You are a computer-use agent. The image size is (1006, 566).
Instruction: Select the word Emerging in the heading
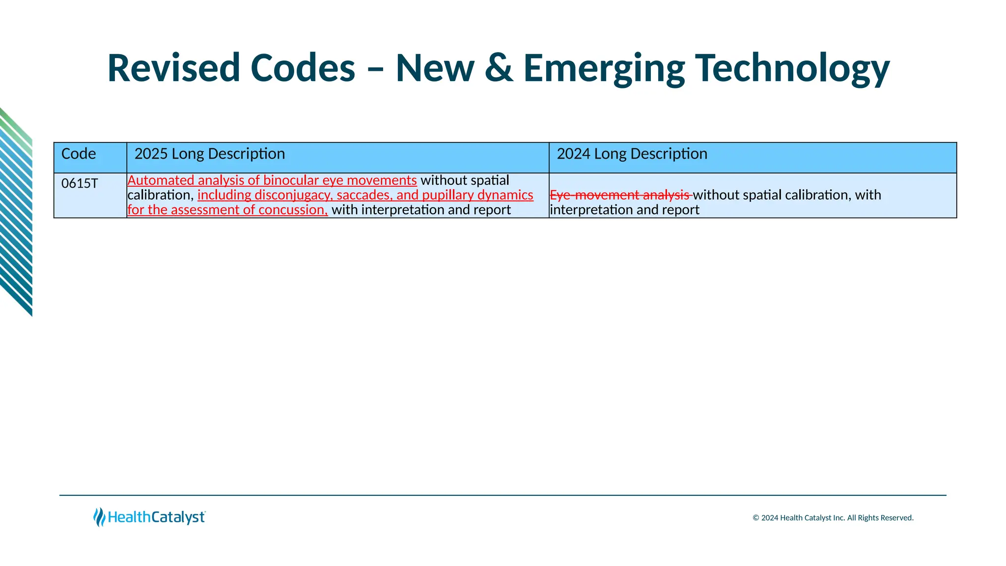click(604, 69)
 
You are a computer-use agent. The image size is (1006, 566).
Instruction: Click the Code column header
click(79, 154)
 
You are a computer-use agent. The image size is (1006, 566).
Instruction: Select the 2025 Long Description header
click(210, 154)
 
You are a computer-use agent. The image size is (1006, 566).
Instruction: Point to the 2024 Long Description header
click(632, 154)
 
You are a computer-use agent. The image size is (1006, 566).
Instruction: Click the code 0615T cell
click(80, 184)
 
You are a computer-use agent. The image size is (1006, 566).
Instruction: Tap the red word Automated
click(161, 180)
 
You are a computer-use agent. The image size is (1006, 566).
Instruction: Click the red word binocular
click(291, 180)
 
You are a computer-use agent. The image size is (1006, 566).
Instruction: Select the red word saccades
click(364, 195)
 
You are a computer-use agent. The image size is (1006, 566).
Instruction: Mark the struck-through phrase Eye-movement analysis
click(620, 195)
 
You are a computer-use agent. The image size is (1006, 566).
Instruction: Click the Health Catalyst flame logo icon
click(99, 517)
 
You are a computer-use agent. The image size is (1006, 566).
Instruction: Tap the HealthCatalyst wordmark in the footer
click(156, 517)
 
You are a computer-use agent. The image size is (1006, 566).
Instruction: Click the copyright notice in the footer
click(833, 518)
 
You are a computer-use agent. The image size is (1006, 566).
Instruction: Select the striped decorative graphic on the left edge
click(16, 211)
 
